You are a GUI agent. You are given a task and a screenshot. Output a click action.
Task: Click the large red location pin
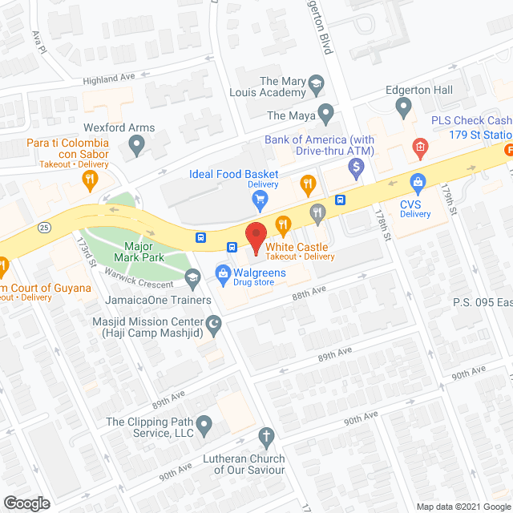(x=256, y=236)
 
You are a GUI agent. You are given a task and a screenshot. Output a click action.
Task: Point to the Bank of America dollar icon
(x=357, y=167)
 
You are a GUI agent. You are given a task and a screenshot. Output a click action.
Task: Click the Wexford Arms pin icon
(x=136, y=146)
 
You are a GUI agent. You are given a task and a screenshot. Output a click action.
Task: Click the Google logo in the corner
(x=26, y=503)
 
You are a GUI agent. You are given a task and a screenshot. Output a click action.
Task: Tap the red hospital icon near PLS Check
(x=419, y=147)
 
